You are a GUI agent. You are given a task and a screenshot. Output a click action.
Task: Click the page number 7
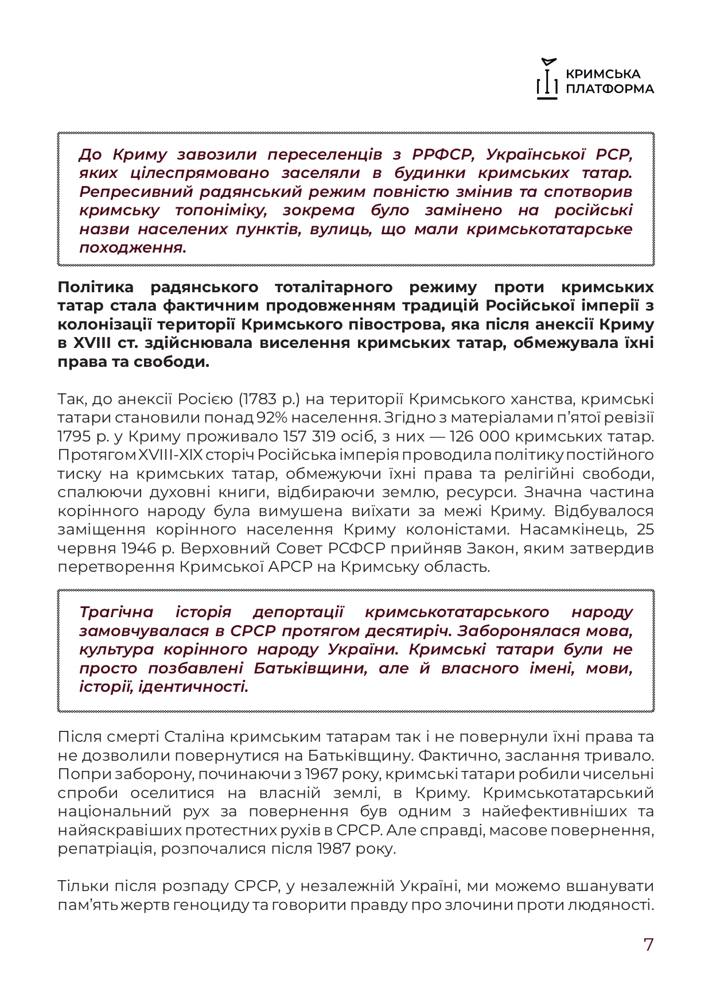[x=648, y=944]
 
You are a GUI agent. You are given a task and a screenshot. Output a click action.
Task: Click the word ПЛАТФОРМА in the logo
[x=609, y=89]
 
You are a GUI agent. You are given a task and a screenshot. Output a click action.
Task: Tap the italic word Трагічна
[x=116, y=612]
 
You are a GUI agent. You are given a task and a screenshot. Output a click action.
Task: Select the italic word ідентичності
[x=194, y=687]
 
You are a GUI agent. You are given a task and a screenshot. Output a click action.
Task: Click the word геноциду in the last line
[x=215, y=905]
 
